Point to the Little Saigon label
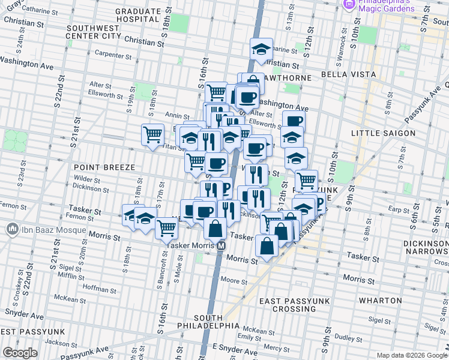[382, 133]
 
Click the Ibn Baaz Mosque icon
[12, 229]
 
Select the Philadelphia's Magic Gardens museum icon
[349, 4]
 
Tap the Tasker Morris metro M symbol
[221, 245]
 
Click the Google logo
[20, 353]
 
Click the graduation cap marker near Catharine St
[261, 50]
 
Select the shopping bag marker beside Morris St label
[267, 245]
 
